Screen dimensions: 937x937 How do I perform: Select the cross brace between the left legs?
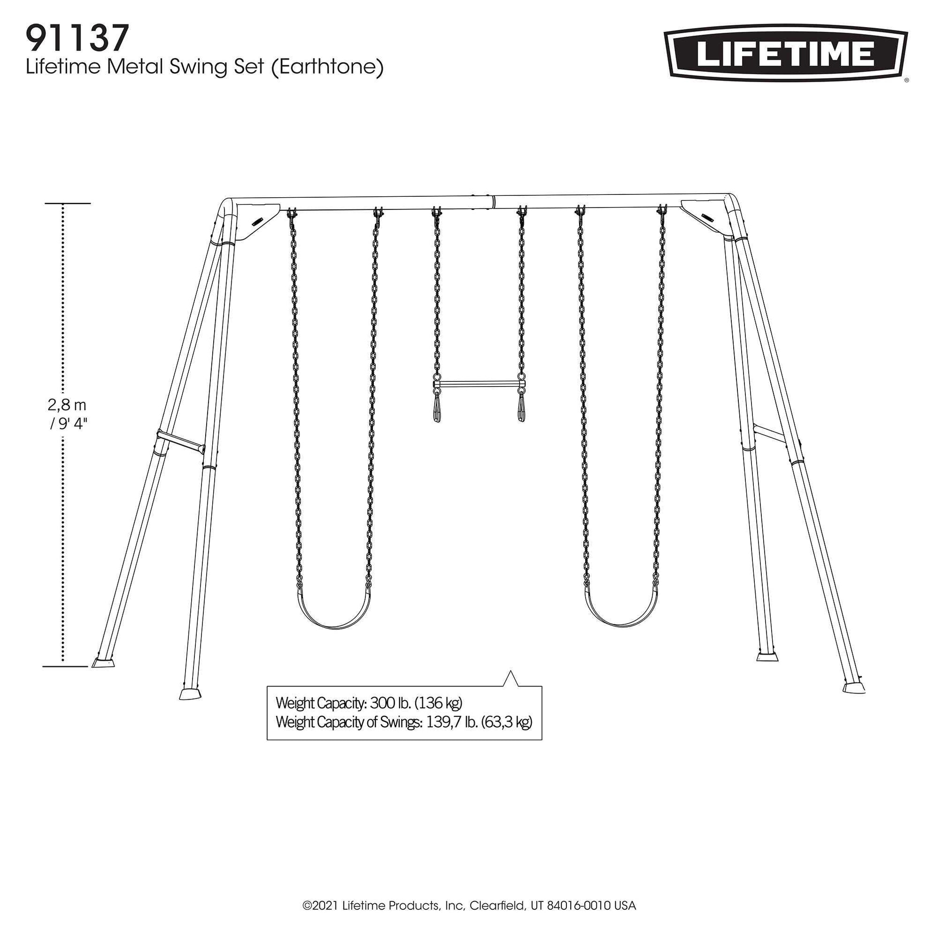[180, 442]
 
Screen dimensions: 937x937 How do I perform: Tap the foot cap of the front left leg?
[190, 694]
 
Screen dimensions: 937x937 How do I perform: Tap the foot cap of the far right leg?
[854, 688]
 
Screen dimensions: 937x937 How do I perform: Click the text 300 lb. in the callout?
[391, 703]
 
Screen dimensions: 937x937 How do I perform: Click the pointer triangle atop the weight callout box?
[510, 679]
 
